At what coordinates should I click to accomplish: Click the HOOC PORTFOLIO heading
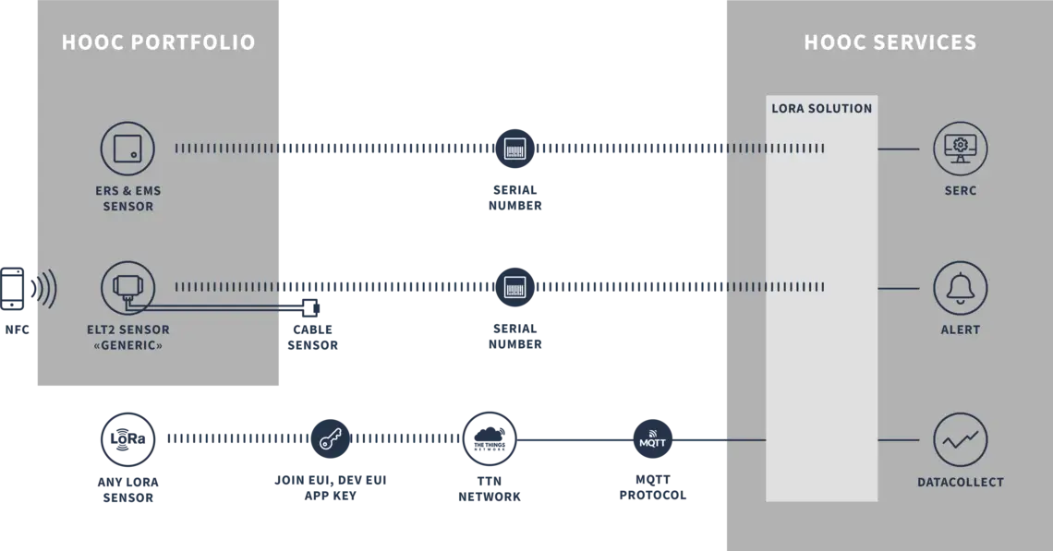click(x=158, y=42)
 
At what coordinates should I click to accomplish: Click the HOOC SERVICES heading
click(x=890, y=42)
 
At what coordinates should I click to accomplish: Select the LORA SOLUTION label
click(x=821, y=108)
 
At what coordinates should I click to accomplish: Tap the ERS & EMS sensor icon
click(x=127, y=149)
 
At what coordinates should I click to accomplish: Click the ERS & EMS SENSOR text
click(x=127, y=198)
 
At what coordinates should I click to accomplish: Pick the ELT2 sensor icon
click(x=127, y=288)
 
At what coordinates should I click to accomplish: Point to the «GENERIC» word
click(x=127, y=346)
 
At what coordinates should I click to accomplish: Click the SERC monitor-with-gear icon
click(x=960, y=149)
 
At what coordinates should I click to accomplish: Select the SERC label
click(x=960, y=191)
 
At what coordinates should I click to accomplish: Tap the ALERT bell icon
click(x=960, y=288)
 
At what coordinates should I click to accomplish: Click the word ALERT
click(x=960, y=329)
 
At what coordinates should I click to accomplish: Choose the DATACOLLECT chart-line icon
click(x=960, y=440)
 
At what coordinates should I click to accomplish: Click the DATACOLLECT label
click(x=960, y=482)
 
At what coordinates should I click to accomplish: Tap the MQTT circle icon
click(x=652, y=440)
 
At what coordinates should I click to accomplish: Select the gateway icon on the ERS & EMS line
click(x=515, y=148)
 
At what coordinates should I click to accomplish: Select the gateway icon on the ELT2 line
click(x=515, y=287)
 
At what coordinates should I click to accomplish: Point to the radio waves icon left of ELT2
click(x=42, y=288)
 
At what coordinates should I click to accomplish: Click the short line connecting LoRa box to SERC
click(x=898, y=149)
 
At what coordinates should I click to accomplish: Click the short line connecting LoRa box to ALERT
click(x=898, y=288)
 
